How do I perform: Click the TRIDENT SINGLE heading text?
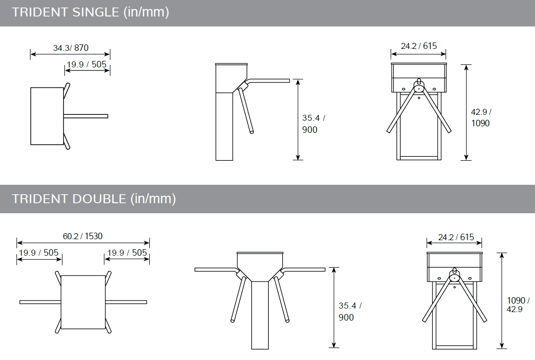point(90,12)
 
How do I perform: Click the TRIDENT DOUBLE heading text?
point(94,199)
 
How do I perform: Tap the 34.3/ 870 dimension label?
point(70,48)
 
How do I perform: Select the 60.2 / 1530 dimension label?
point(82,236)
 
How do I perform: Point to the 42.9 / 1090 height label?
point(481,118)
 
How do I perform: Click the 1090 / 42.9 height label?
point(518,305)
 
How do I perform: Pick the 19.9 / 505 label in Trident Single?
point(86,64)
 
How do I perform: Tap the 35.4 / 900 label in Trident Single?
point(314,124)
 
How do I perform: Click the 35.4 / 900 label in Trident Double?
point(350,312)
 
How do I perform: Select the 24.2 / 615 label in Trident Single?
point(419,46)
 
